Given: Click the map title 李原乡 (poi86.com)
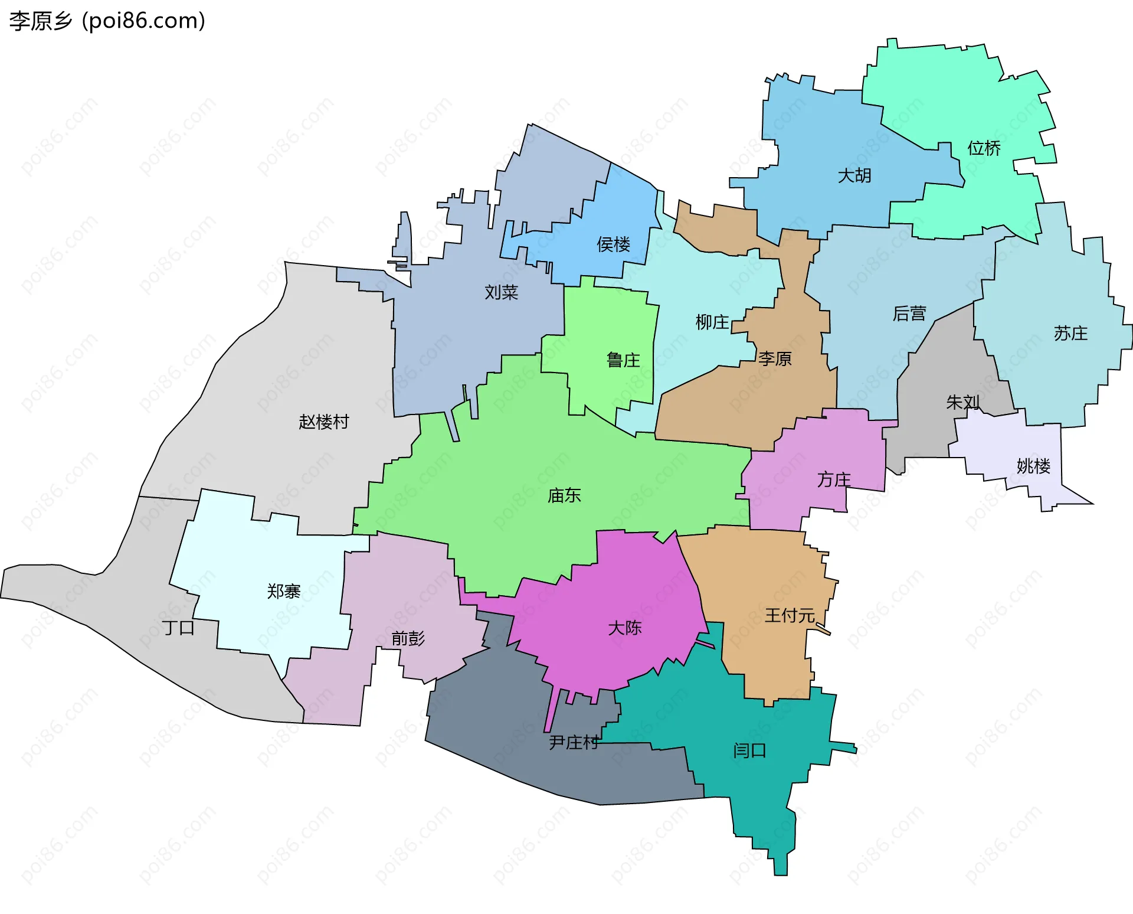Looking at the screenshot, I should tap(107, 21).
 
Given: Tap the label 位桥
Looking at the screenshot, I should tap(984, 148).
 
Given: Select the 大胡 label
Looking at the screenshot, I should tap(854, 175).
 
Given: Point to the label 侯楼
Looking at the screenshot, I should tap(613, 244).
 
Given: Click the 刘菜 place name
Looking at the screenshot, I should tap(501, 292).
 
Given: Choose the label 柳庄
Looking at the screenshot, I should tap(712, 322).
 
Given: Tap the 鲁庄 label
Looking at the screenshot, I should tap(623, 360).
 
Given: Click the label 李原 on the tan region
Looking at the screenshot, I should tap(775, 358).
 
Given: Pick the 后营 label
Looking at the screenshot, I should tap(909, 314).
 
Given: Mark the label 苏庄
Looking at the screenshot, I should tap(1070, 334).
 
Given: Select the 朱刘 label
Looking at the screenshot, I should tap(962, 402).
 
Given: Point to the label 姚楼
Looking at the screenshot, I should tap(1033, 466).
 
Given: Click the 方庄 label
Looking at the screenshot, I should tap(834, 479).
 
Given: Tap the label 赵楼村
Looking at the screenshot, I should tap(323, 422).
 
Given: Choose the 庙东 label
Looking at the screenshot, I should tap(564, 495).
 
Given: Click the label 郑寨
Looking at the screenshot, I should tap(284, 591).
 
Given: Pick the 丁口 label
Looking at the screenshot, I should tap(178, 627).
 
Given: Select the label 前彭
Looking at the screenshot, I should tap(408, 638).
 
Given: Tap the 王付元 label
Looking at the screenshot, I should tap(790, 616).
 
